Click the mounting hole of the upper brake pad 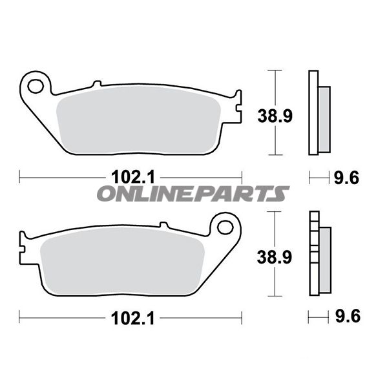point(36,86)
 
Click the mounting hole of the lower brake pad point(225,227)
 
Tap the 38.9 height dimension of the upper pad point(275,116)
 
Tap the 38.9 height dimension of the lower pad point(275,257)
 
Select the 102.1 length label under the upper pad point(133,178)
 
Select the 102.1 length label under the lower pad point(133,318)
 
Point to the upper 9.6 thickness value point(346,178)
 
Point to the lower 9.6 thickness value point(348,316)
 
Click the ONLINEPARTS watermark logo point(193,194)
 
